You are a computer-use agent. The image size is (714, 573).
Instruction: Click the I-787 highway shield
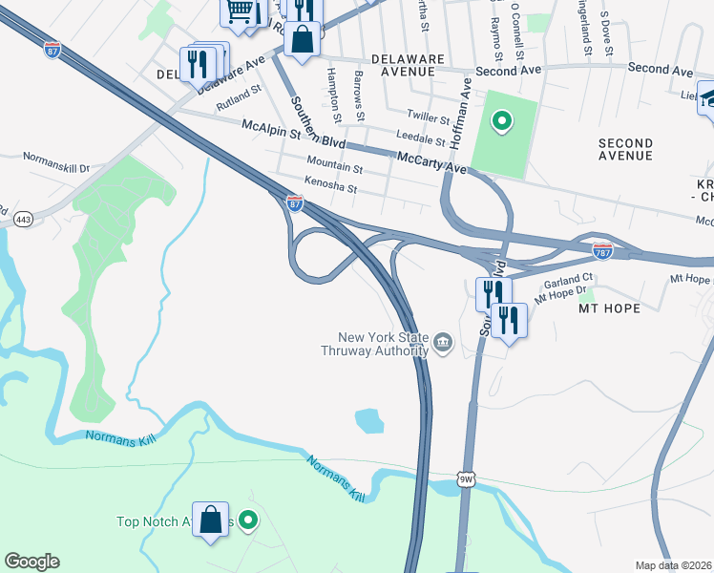(x=602, y=251)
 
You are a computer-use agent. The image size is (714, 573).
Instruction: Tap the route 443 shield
(x=22, y=220)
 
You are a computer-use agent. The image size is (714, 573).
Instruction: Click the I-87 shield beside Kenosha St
(x=296, y=203)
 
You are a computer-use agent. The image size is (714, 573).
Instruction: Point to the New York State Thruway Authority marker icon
(x=443, y=342)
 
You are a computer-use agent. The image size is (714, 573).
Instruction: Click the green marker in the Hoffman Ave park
(x=500, y=121)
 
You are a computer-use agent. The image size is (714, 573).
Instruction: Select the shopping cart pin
(x=240, y=11)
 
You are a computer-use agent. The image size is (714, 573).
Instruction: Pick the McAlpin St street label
(x=271, y=125)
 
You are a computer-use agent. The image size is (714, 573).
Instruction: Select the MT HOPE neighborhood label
(x=608, y=309)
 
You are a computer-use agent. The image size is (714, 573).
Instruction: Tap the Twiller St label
(x=428, y=117)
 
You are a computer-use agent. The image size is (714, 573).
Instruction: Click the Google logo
(x=31, y=562)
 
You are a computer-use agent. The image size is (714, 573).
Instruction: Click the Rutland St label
(x=239, y=95)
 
